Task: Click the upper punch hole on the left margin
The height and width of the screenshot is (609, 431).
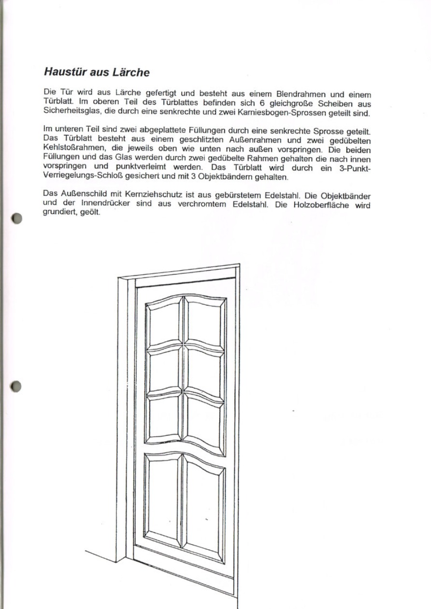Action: (x=16, y=218)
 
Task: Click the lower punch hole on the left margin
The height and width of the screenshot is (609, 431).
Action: (x=16, y=386)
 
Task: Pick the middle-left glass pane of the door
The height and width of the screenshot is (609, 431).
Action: (x=164, y=370)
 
